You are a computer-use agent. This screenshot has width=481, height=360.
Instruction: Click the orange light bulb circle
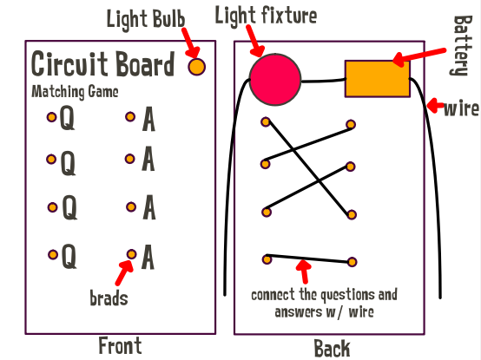pos(196,67)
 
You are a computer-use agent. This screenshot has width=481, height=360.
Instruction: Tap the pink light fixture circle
pos(275,80)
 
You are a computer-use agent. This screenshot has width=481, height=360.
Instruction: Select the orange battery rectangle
pos(378,79)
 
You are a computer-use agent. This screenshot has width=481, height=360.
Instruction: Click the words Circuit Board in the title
pos(103,63)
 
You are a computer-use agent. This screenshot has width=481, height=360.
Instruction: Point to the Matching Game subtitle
pos(75,92)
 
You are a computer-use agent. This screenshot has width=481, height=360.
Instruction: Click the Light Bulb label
pos(146,19)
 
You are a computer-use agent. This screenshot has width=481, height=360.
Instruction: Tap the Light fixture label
pos(266,16)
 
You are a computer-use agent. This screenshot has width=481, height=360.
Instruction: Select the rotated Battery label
pos(462,46)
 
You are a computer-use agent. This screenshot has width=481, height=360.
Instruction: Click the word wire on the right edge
pos(461,109)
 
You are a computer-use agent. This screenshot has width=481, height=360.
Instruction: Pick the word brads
pos(109,298)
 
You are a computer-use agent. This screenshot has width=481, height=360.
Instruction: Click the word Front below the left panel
pos(120,345)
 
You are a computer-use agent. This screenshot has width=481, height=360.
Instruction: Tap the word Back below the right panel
pos(332,349)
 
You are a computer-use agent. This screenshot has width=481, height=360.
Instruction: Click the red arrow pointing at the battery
pos(418,57)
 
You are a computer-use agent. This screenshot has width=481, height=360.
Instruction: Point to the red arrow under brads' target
pos(124,272)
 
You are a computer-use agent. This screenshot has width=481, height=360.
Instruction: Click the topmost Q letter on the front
pos(67,117)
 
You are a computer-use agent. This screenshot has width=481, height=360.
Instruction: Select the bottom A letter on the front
pos(148,257)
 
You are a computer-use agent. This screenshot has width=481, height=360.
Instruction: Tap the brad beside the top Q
pos(51,117)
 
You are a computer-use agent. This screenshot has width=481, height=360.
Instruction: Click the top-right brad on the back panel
pos(351,124)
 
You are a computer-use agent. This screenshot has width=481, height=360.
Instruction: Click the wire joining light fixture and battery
pos(323,82)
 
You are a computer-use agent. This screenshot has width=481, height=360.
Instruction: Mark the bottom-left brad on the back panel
pos(267,260)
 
